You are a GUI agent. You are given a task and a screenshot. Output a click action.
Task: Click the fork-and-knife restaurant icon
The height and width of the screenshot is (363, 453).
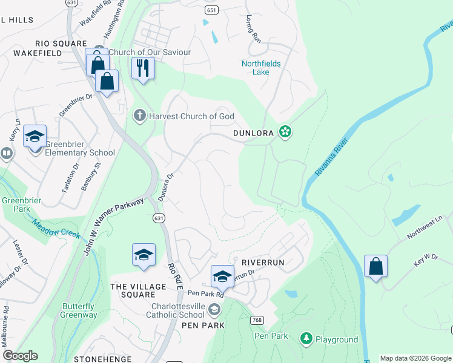[x=143, y=68]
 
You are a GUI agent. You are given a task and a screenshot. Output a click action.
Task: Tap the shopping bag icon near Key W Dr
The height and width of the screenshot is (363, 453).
[x=375, y=266]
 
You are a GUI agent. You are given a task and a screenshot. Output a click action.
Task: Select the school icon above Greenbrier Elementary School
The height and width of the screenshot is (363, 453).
[x=35, y=137]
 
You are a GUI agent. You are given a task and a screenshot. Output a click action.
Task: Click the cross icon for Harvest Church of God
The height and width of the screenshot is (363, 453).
[x=140, y=116]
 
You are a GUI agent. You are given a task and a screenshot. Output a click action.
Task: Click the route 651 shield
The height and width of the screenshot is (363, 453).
[x=211, y=10]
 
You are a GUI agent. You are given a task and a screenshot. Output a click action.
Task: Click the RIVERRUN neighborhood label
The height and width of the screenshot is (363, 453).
[x=263, y=263]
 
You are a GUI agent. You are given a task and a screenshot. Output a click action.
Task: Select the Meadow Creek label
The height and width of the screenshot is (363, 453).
[x=57, y=228]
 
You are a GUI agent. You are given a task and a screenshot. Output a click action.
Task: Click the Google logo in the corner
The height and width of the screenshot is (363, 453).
[x=20, y=356]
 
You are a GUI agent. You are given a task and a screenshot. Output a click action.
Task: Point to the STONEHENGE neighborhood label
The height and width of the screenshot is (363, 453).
[x=102, y=359]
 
